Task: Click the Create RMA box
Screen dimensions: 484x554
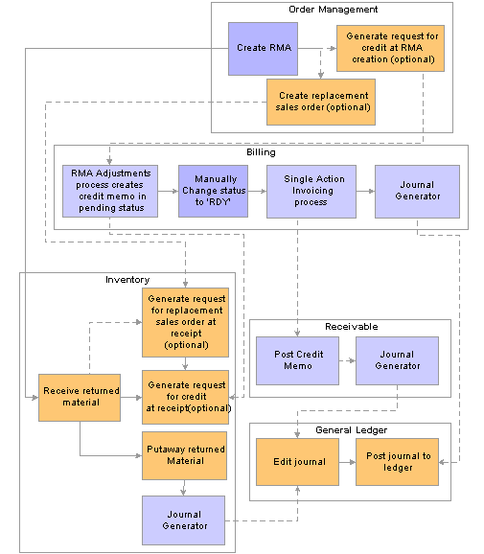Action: coord(263,49)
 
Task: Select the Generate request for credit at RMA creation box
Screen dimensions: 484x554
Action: coord(390,49)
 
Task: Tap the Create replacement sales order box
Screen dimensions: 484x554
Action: coord(321,102)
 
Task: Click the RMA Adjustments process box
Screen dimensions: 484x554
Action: coord(110,191)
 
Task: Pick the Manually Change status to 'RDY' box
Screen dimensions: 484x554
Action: coord(213,191)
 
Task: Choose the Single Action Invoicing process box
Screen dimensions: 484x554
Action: coord(311,191)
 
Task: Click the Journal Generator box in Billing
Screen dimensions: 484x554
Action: coord(417,191)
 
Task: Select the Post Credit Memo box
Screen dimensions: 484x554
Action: coord(297,360)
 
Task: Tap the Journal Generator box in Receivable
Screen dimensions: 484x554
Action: coord(397,360)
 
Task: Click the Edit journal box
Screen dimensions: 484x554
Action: coord(297,462)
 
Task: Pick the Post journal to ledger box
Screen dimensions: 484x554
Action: coord(397,462)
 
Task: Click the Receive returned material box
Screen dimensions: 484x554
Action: coord(80,398)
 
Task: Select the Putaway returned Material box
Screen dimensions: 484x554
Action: coord(184,455)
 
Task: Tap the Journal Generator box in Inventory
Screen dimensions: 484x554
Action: coord(183,520)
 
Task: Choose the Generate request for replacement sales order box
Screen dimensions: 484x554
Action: coord(185,322)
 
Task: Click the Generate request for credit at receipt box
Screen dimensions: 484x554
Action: coord(185,397)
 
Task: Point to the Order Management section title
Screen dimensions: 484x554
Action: coord(333,10)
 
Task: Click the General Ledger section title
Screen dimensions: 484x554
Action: coord(351,430)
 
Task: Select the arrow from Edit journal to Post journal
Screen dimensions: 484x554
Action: coord(347,462)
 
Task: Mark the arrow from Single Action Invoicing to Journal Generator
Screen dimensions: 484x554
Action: coord(366,191)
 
